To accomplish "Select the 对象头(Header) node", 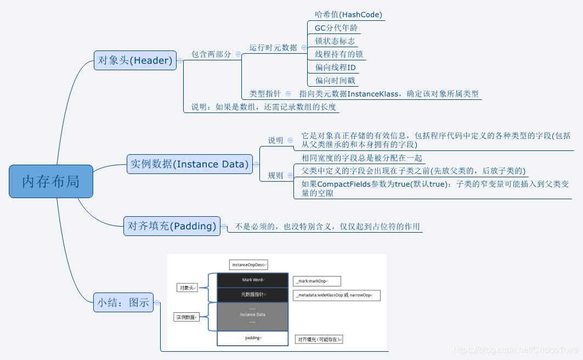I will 135,60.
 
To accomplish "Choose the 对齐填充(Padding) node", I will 172,226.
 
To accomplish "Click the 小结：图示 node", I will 123,302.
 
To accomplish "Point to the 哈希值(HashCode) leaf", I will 348,14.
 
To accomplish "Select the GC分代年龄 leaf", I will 336,27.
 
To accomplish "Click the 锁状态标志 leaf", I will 335,41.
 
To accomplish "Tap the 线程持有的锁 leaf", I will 338,54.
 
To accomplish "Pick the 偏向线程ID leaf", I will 335,67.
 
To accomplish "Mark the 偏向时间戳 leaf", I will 335,81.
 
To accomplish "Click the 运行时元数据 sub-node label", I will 273,47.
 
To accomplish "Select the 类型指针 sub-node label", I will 265,94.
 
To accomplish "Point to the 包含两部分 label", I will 211,54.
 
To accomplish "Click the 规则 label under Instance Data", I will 275,176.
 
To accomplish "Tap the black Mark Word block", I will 253,280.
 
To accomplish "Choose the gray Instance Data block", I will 253,315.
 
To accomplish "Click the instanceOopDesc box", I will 248,265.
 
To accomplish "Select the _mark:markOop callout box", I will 316,282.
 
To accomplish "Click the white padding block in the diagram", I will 253,338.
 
